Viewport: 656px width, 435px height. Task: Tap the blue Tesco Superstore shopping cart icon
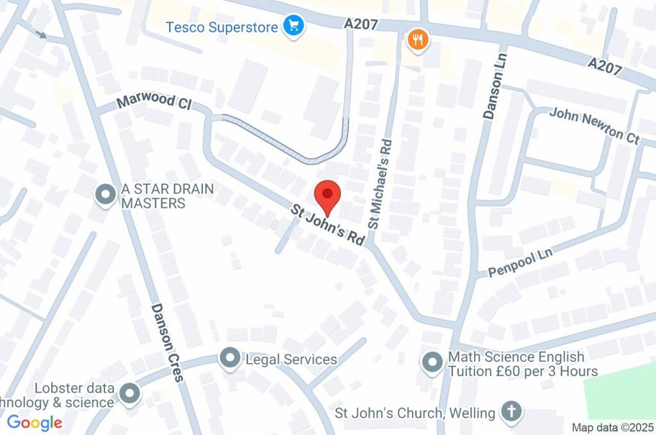[294, 26]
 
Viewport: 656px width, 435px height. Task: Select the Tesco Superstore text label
[222, 28]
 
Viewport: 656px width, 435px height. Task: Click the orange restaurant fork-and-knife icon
[418, 41]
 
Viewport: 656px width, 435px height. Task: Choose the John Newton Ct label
[594, 125]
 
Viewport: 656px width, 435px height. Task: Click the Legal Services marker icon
[229, 358]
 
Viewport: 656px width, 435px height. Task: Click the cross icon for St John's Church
[511, 411]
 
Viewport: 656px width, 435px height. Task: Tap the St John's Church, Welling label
[415, 413]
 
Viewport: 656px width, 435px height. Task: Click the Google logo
[35, 423]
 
